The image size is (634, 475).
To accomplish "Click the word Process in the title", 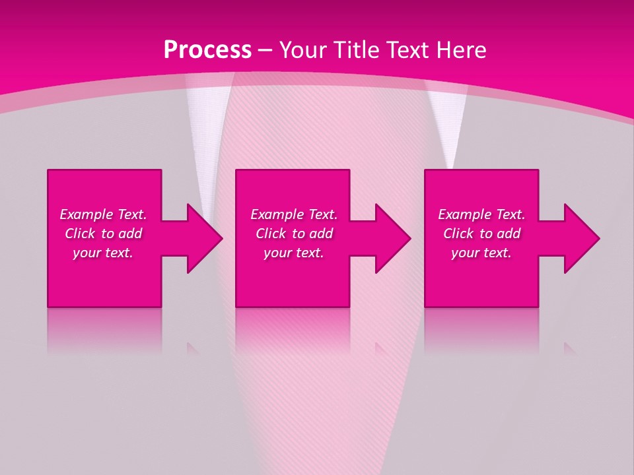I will (x=207, y=50).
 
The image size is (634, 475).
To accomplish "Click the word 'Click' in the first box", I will (x=80, y=234).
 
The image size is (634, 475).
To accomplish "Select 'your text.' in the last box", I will (x=481, y=253).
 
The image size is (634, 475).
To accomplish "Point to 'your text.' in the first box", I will (x=103, y=253).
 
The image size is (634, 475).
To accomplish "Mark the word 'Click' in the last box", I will (x=458, y=234).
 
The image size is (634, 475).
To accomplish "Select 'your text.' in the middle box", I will (x=294, y=253).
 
